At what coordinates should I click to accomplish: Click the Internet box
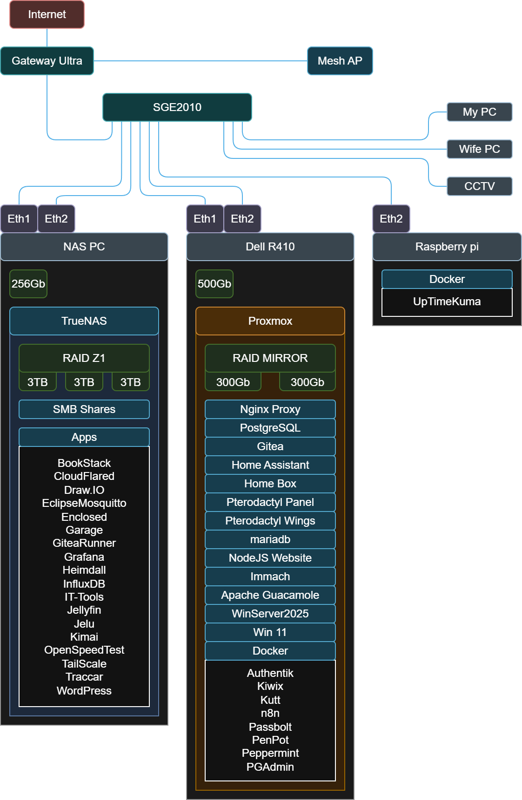tap(47, 14)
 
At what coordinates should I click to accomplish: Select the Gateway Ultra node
tap(47, 61)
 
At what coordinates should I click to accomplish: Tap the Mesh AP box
tap(340, 61)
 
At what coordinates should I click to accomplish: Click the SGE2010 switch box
tap(177, 107)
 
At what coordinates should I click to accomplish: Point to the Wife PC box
tap(479, 149)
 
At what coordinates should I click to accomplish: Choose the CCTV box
tap(479, 186)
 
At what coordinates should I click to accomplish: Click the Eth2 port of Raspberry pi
tap(391, 219)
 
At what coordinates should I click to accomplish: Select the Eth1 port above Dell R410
tap(205, 219)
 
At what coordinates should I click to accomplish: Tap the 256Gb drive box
tap(28, 284)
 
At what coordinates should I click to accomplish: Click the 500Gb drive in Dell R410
tap(214, 284)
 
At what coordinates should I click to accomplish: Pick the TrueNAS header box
tap(84, 321)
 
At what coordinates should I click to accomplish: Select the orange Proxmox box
tap(270, 321)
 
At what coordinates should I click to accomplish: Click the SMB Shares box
tap(84, 409)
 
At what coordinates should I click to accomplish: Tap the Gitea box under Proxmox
tap(270, 446)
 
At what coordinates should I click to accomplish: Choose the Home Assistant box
tap(270, 465)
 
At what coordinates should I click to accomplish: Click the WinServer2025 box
tap(270, 614)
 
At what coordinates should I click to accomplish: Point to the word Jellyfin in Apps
tap(84, 610)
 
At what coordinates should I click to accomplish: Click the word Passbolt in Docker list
tap(270, 727)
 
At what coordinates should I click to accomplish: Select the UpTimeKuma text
tap(447, 302)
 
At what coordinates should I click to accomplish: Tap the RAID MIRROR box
tap(270, 358)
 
